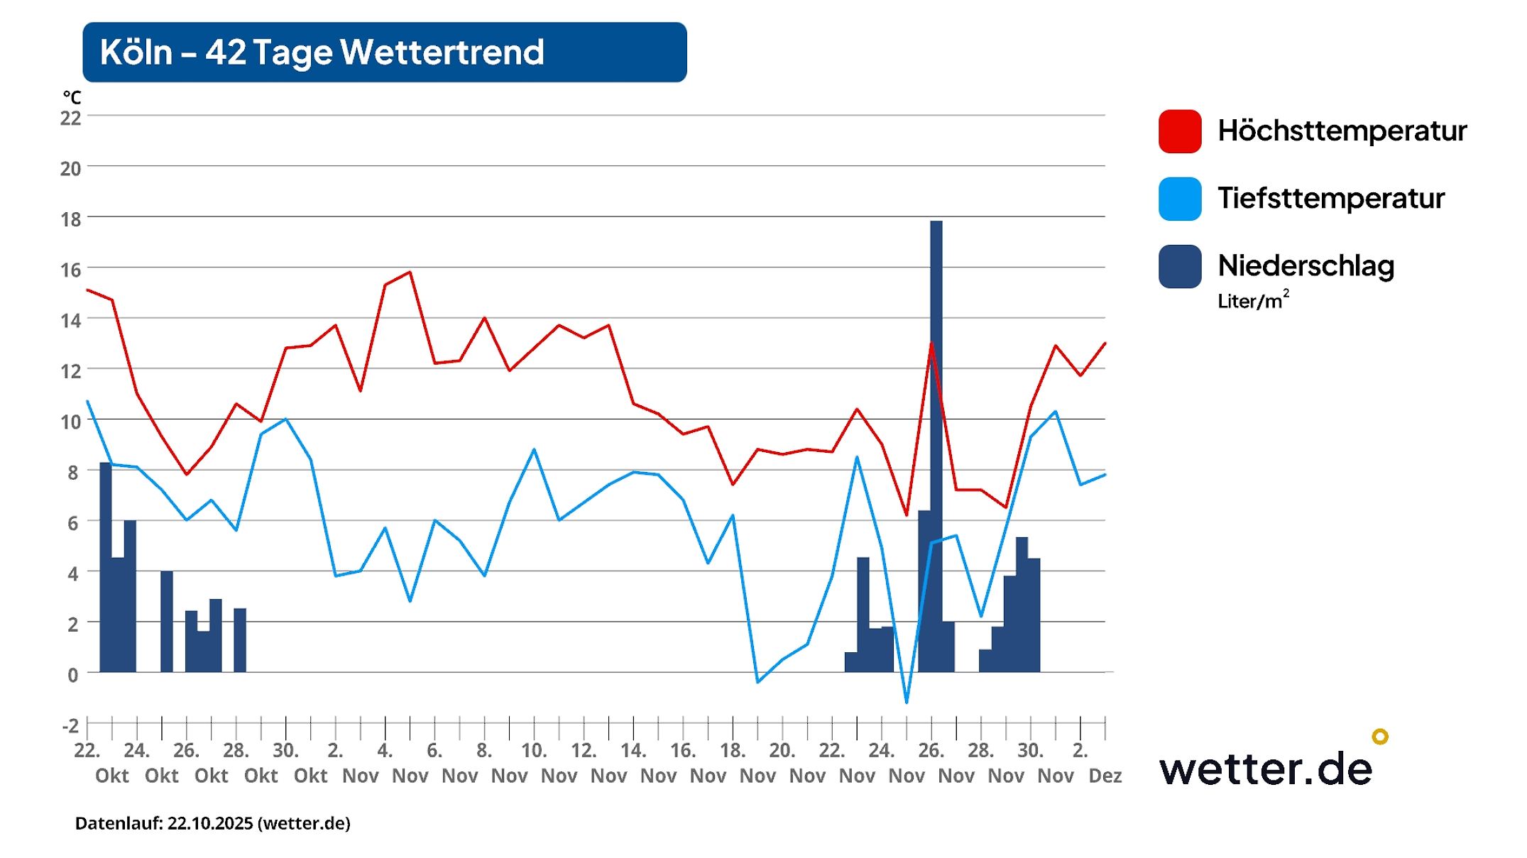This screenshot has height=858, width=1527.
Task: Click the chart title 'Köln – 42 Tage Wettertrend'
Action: pyautogui.click(x=322, y=53)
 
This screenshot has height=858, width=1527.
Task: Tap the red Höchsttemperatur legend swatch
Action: pyautogui.click(x=1179, y=131)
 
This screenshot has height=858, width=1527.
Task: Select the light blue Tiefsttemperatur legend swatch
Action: pyautogui.click(x=1179, y=199)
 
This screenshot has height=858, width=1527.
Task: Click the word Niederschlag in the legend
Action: pyautogui.click(x=1306, y=266)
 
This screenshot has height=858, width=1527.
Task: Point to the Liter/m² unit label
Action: pyautogui.click(x=1252, y=301)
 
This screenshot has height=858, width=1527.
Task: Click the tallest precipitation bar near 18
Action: pyautogui.click(x=936, y=447)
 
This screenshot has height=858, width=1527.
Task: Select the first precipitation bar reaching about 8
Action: pyautogui.click(x=105, y=568)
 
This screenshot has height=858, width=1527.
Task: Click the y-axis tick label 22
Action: pyautogui.click(x=70, y=118)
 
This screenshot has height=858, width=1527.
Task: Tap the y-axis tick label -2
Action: pyautogui.click(x=70, y=725)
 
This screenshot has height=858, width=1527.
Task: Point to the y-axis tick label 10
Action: pyautogui.click(x=70, y=422)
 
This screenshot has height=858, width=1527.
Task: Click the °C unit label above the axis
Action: pyautogui.click(x=72, y=97)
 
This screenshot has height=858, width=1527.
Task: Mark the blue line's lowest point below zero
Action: pyautogui.click(x=907, y=702)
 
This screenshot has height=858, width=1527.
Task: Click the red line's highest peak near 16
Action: pyautogui.click(x=410, y=273)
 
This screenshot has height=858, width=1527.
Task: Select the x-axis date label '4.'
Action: pyautogui.click(x=385, y=750)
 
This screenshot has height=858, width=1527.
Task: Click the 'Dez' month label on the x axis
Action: pyautogui.click(x=1105, y=776)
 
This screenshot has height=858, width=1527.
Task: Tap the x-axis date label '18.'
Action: pyautogui.click(x=732, y=750)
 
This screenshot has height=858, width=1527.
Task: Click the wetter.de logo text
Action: pyautogui.click(x=1265, y=769)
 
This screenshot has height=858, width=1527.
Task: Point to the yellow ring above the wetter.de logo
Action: pyautogui.click(x=1379, y=736)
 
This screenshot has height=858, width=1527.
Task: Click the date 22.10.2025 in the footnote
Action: pyautogui.click(x=210, y=823)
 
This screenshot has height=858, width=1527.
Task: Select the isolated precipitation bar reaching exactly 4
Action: pyautogui.click(x=166, y=621)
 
